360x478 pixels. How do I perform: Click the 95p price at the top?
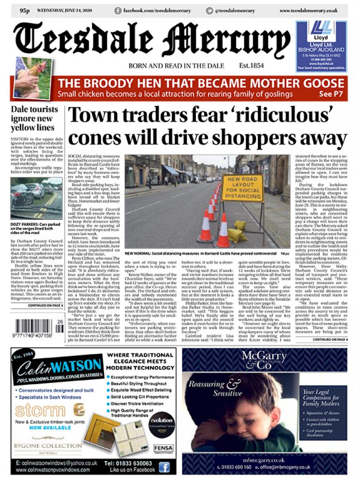click(x=24, y=11)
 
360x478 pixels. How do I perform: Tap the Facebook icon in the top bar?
click(x=118, y=11)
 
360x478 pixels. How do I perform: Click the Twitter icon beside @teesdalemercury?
click(x=210, y=11)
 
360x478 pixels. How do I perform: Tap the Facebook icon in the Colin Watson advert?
click(x=164, y=466)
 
